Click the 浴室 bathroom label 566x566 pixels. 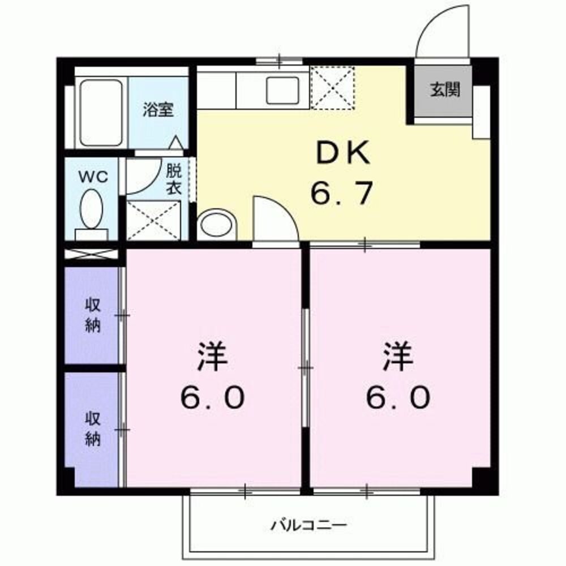(157, 109)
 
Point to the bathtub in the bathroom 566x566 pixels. (101, 113)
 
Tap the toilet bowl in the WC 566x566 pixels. (91, 209)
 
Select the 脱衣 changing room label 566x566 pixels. (173, 180)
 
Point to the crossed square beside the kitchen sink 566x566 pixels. (332, 87)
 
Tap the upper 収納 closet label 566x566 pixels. (93, 315)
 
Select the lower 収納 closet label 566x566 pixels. (93, 428)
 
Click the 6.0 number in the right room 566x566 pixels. (397, 398)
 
